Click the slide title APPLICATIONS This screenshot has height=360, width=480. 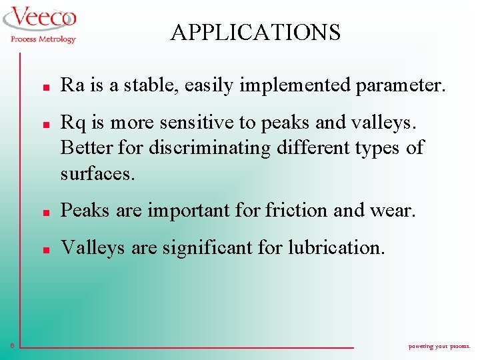tap(255, 32)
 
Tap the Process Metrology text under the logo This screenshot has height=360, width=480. tap(43, 39)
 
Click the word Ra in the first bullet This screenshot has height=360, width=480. tap(71, 85)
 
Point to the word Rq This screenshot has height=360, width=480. tap(72, 123)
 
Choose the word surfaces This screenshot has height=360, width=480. tap(97, 174)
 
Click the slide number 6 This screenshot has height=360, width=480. tap(12, 345)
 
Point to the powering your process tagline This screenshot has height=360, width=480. tap(439, 347)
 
